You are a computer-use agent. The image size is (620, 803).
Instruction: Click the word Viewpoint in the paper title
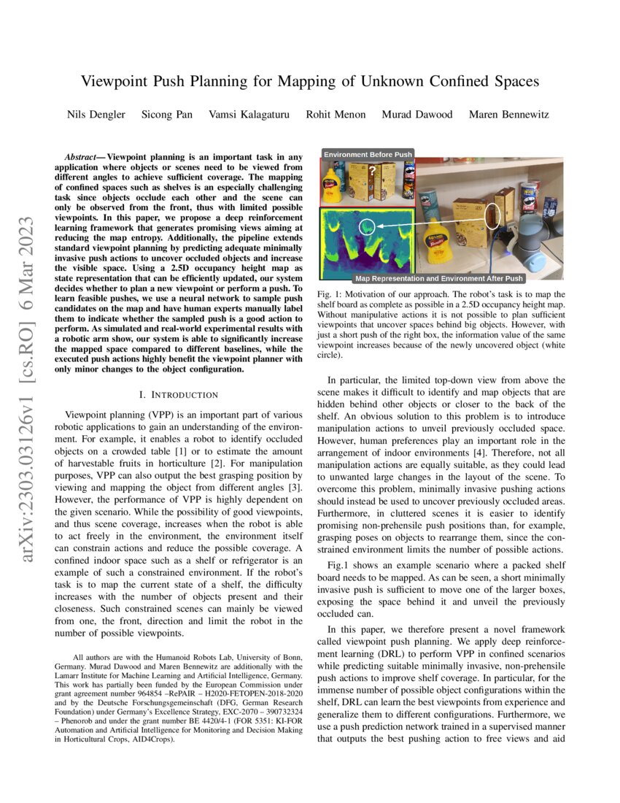tap(117, 80)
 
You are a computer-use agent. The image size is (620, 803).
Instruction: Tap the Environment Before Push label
tap(368, 154)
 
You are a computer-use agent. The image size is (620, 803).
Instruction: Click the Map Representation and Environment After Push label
tap(438, 278)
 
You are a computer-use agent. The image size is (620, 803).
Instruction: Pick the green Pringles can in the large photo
tap(428, 204)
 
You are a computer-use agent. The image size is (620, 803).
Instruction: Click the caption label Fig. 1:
tap(332, 294)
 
